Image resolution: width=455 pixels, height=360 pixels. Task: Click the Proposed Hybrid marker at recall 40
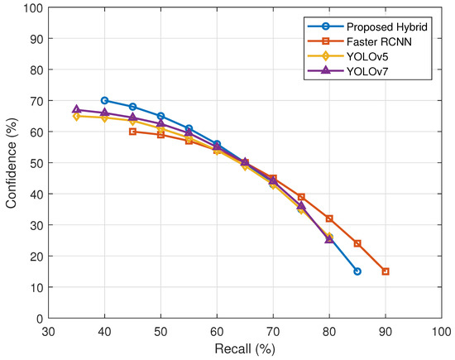pos(104,100)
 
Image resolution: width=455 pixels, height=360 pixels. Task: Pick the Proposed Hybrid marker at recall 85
pos(357,271)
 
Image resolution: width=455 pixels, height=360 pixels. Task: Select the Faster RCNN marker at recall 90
pos(386,271)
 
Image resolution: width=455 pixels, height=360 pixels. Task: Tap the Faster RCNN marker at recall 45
pos(132,132)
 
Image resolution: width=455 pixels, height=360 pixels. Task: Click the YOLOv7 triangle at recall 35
pos(76,109)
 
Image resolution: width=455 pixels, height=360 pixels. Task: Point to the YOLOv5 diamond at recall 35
pos(76,116)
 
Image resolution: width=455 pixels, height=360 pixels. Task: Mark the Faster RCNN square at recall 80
pos(329,218)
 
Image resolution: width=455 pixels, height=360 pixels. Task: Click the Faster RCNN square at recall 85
pos(357,243)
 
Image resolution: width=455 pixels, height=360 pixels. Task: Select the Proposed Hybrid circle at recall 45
pos(132,107)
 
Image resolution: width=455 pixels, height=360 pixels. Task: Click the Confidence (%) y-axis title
pos(12,163)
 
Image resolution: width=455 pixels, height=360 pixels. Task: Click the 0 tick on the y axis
pos(38,319)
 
